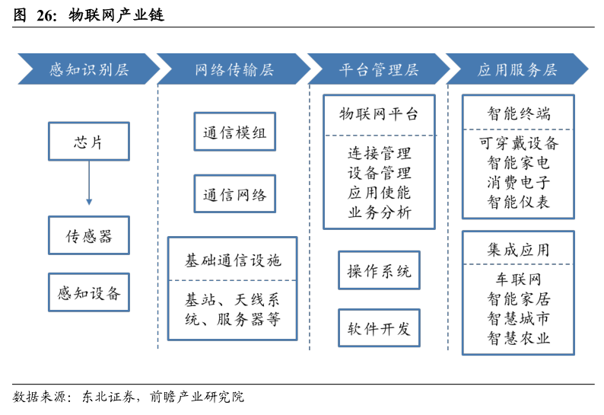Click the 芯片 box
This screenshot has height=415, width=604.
tap(89, 141)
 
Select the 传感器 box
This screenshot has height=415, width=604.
tap(89, 235)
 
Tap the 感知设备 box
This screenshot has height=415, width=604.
tap(89, 292)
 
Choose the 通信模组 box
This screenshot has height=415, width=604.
tap(235, 132)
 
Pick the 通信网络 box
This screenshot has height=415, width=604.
tap(235, 193)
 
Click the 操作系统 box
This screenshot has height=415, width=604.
tap(379, 270)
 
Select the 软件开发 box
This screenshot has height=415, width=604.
tap(379, 328)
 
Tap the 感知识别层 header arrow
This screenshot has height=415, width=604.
tap(89, 69)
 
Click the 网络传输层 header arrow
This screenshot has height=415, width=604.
tap(234, 69)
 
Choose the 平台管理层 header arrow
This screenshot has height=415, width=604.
tap(379, 69)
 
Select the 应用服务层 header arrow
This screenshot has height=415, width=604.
tap(517, 69)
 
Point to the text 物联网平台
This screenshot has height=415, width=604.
tap(379, 113)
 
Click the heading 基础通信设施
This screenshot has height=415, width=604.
tap(233, 260)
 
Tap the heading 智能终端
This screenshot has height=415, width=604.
tap(519, 113)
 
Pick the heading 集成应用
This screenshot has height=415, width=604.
tap(519, 250)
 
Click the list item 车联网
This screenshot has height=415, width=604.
tap(519, 279)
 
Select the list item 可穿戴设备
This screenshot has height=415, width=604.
tap(519, 143)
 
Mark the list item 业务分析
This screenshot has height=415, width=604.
tap(380, 212)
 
